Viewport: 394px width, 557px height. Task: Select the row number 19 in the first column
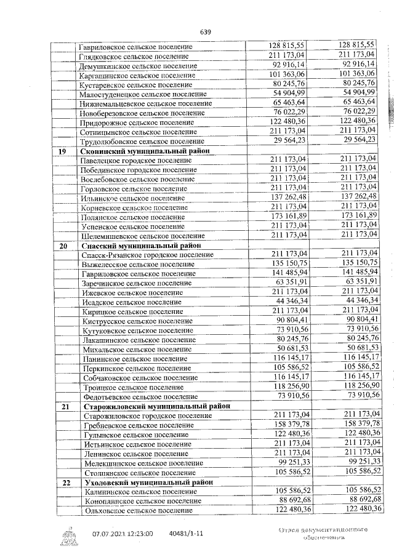(62, 151)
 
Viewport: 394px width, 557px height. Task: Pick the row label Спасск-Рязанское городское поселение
(148, 255)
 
